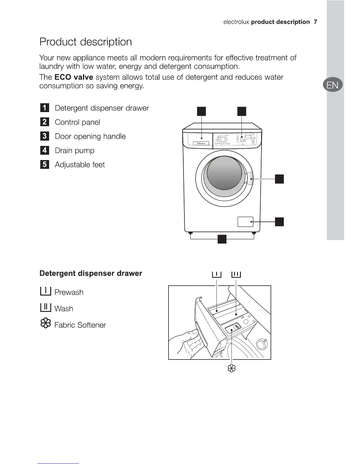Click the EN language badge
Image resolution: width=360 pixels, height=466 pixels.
332,85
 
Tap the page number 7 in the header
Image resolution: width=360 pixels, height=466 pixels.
315,22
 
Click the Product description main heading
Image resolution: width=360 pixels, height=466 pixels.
86,42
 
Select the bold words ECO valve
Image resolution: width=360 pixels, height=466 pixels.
74,77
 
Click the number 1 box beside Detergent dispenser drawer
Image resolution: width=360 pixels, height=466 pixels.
44,108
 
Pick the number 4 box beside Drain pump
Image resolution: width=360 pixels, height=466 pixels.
44,150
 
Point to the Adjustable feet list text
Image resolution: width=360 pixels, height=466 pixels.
80,164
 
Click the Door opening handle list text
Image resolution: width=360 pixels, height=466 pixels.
90,136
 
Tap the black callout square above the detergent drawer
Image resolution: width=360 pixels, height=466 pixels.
201,111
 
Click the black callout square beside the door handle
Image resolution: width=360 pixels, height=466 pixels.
279,179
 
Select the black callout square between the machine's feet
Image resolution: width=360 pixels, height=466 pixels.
222,239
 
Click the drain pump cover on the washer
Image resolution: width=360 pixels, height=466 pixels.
245,222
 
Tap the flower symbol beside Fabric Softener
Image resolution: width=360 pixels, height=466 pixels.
46,324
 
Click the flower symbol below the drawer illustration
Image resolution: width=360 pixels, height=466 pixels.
232,368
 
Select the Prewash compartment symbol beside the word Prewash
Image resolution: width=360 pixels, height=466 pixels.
46,291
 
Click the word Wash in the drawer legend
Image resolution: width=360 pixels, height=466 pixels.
64,309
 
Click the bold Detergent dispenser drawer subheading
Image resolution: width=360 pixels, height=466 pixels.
91,273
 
